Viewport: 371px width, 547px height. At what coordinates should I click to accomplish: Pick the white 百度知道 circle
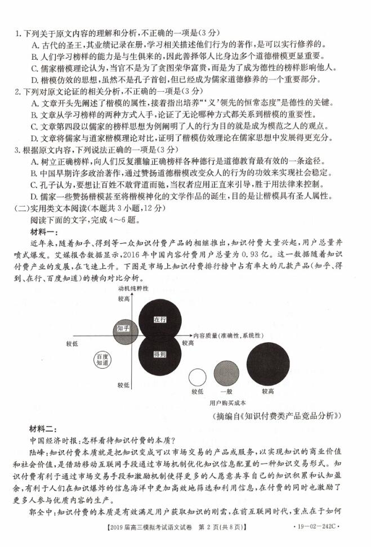pyautogui.click(x=102, y=360)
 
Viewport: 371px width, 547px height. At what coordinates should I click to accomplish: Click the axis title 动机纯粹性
pyautogui.click(x=133, y=288)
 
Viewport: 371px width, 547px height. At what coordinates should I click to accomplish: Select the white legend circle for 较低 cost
pyautogui.click(x=197, y=377)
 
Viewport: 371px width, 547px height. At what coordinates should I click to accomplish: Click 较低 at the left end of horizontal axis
pyautogui.click(x=71, y=343)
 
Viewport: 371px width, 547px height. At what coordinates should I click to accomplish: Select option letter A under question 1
pyautogui.click(x=34, y=44)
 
